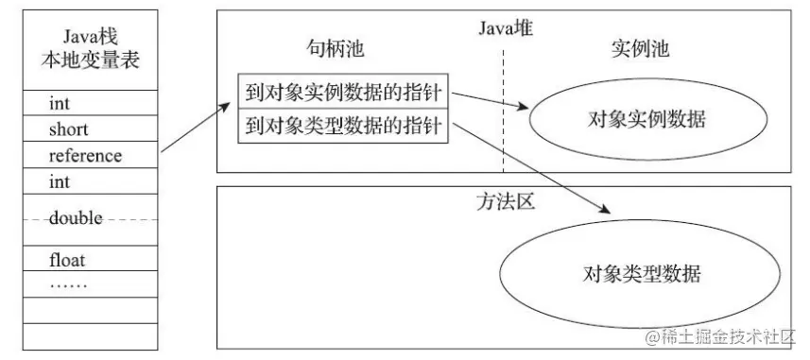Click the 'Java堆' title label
tap(507, 28)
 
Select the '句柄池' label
tap(332, 50)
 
